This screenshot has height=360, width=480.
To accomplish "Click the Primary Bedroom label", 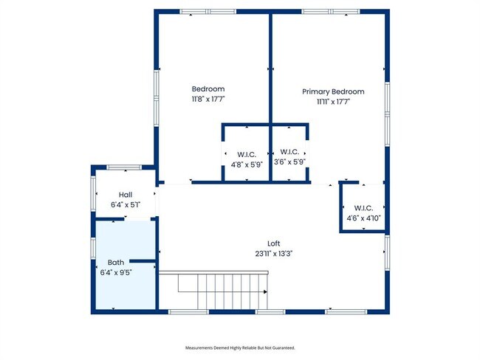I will (332, 91).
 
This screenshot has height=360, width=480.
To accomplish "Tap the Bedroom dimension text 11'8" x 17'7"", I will (208, 99).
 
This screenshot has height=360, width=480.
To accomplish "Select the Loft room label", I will (274, 243).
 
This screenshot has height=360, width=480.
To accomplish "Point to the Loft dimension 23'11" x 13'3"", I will (274, 253).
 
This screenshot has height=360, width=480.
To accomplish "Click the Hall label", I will (125, 195).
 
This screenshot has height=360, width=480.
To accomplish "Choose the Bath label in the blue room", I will (116, 262).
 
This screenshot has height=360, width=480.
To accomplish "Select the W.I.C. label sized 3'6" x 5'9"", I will (289, 152).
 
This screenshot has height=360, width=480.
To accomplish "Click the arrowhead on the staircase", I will (264, 292).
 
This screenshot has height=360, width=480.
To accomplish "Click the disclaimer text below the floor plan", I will (239, 347).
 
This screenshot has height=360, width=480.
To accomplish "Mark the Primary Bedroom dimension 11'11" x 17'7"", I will (332, 101).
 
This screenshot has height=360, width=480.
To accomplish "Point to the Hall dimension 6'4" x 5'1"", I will (125, 204).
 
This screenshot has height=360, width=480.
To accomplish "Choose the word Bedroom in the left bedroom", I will (208, 89).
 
